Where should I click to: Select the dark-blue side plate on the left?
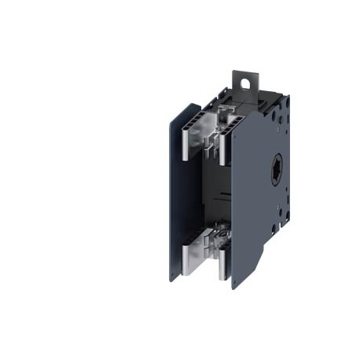coord(174,197)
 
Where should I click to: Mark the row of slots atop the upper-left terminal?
coord(193,119)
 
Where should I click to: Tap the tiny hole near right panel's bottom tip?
coord(237,277)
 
